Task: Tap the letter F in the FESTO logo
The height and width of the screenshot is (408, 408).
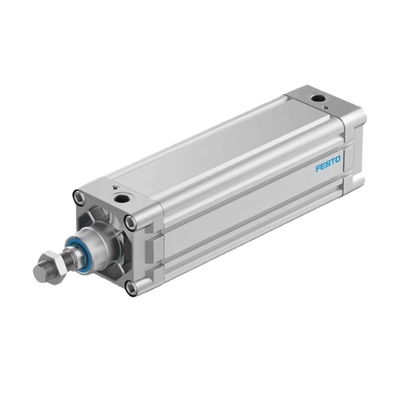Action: coord(318,169)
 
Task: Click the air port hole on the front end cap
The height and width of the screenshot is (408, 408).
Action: coord(121,198)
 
